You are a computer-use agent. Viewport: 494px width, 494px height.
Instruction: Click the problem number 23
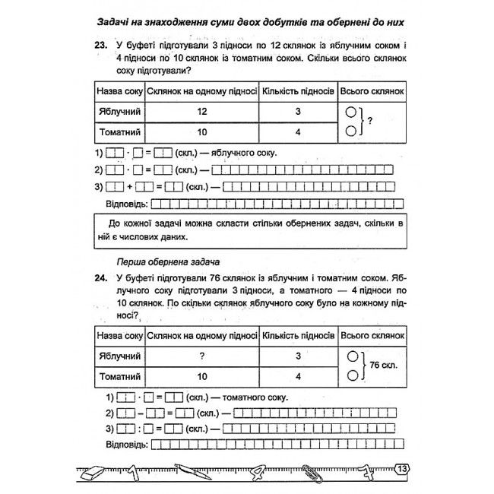[x=100, y=45]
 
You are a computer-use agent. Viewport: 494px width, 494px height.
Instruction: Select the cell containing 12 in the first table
[x=202, y=111]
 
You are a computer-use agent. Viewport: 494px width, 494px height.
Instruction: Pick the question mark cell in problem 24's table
[x=202, y=355]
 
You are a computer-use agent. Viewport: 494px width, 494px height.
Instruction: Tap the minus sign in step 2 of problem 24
[x=140, y=413]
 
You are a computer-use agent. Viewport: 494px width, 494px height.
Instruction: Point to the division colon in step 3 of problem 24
[x=141, y=429]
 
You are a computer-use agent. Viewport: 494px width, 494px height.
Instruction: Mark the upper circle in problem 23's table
[x=350, y=110]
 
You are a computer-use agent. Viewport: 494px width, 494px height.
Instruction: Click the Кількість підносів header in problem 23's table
[x=298, y=90]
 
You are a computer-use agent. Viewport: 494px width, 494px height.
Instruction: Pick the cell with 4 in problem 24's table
[x=298, y=375]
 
